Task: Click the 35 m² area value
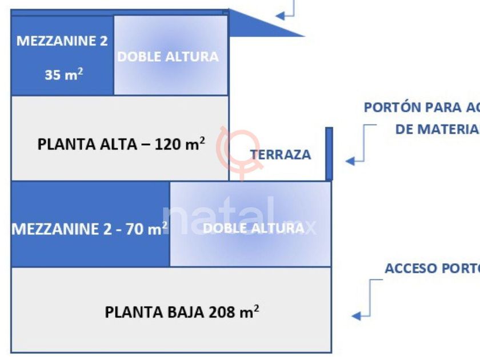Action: pos(63,74)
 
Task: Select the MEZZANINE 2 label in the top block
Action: pos(62,41)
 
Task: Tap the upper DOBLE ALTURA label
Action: pos(167,57)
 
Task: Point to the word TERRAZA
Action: pos(281,154)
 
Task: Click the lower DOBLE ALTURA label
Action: pos(254,228)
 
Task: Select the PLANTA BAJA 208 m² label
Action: pos(182,312)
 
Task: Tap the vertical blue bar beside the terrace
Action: pos(329,154)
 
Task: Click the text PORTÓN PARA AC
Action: pos(422,107)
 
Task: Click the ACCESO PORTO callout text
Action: pos(432,269)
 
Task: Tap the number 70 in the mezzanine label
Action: pos(135,229)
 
